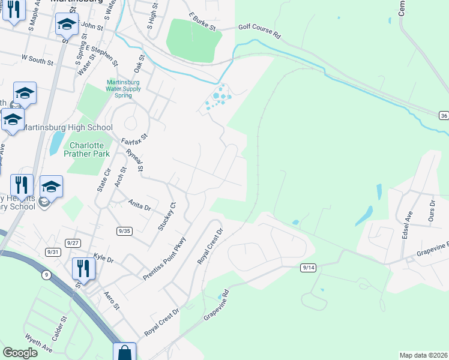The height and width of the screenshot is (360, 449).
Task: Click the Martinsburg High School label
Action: tap(67, 127)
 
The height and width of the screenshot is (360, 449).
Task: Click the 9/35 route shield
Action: tap(124, 230)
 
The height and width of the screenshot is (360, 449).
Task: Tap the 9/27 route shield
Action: tap(73, 242)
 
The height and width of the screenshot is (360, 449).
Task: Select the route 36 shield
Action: tap(443, 115)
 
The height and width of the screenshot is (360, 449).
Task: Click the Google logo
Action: tap(20, 353)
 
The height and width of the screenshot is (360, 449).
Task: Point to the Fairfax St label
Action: tap(134, 143)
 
